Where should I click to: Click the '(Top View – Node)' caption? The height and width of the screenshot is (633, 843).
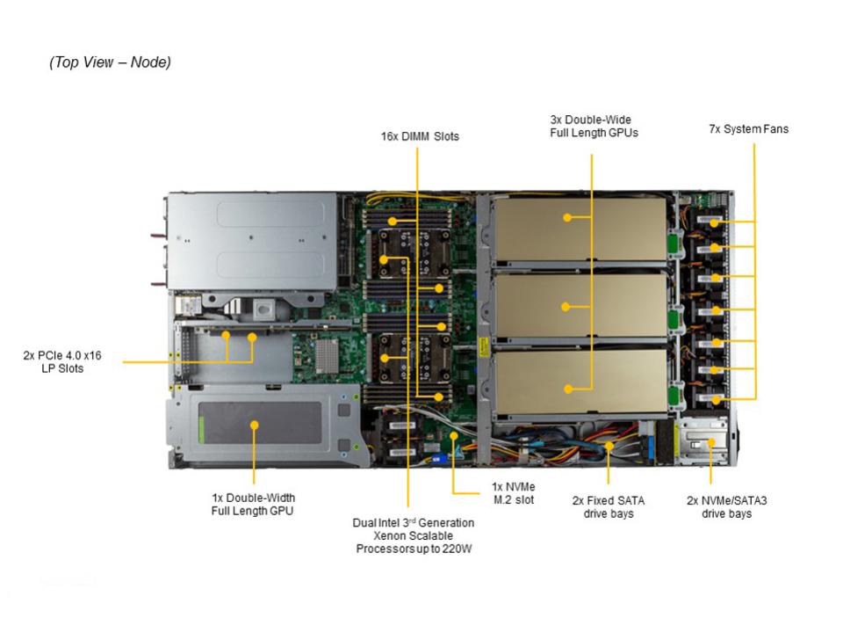click(110, 62)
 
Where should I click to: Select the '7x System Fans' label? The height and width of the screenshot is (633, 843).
click(748, 129)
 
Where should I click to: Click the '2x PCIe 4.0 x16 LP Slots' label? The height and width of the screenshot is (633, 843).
click(62, 361)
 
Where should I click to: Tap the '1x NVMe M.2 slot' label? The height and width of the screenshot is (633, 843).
click(514, 493)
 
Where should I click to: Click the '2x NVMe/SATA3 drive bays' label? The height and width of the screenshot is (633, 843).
click(726, 506)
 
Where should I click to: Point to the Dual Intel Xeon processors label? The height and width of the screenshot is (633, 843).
click(413, 535)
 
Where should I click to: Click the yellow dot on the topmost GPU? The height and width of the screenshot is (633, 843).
click(567, 216)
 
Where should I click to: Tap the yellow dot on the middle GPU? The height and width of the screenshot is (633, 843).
click(566, 307)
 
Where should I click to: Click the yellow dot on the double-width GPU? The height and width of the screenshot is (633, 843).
click(254, 425)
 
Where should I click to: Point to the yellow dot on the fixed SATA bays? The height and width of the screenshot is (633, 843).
click(609, 446)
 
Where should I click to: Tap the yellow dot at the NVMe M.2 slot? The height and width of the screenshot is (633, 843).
click(453, 434)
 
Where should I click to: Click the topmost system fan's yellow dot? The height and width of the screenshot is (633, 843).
click(715, 222)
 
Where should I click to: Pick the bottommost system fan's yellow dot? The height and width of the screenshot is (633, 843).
click(715, 400)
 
